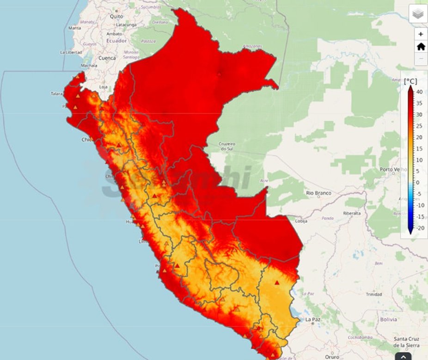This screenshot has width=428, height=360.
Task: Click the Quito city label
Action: (x=116, y=16)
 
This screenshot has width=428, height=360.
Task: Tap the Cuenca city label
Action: (x=107, y=58)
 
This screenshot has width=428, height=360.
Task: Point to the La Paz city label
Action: (x=312, y=319)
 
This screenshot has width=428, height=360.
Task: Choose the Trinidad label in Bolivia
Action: (x=373, y=294)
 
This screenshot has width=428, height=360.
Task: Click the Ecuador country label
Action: (x=116, y=41)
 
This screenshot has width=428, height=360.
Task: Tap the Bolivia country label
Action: (x=388, y=319)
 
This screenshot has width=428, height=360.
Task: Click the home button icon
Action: (x=421, y=47)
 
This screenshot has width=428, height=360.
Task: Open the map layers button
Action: (x=418, y=14)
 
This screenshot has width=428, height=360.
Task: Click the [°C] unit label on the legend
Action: (x=410, y=81)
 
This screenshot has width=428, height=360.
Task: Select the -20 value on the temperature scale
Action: (x=420, y=228)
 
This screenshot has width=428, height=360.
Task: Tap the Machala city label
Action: (x=89, y=66)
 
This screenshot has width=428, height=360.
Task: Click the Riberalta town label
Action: (x=352, y=213)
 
